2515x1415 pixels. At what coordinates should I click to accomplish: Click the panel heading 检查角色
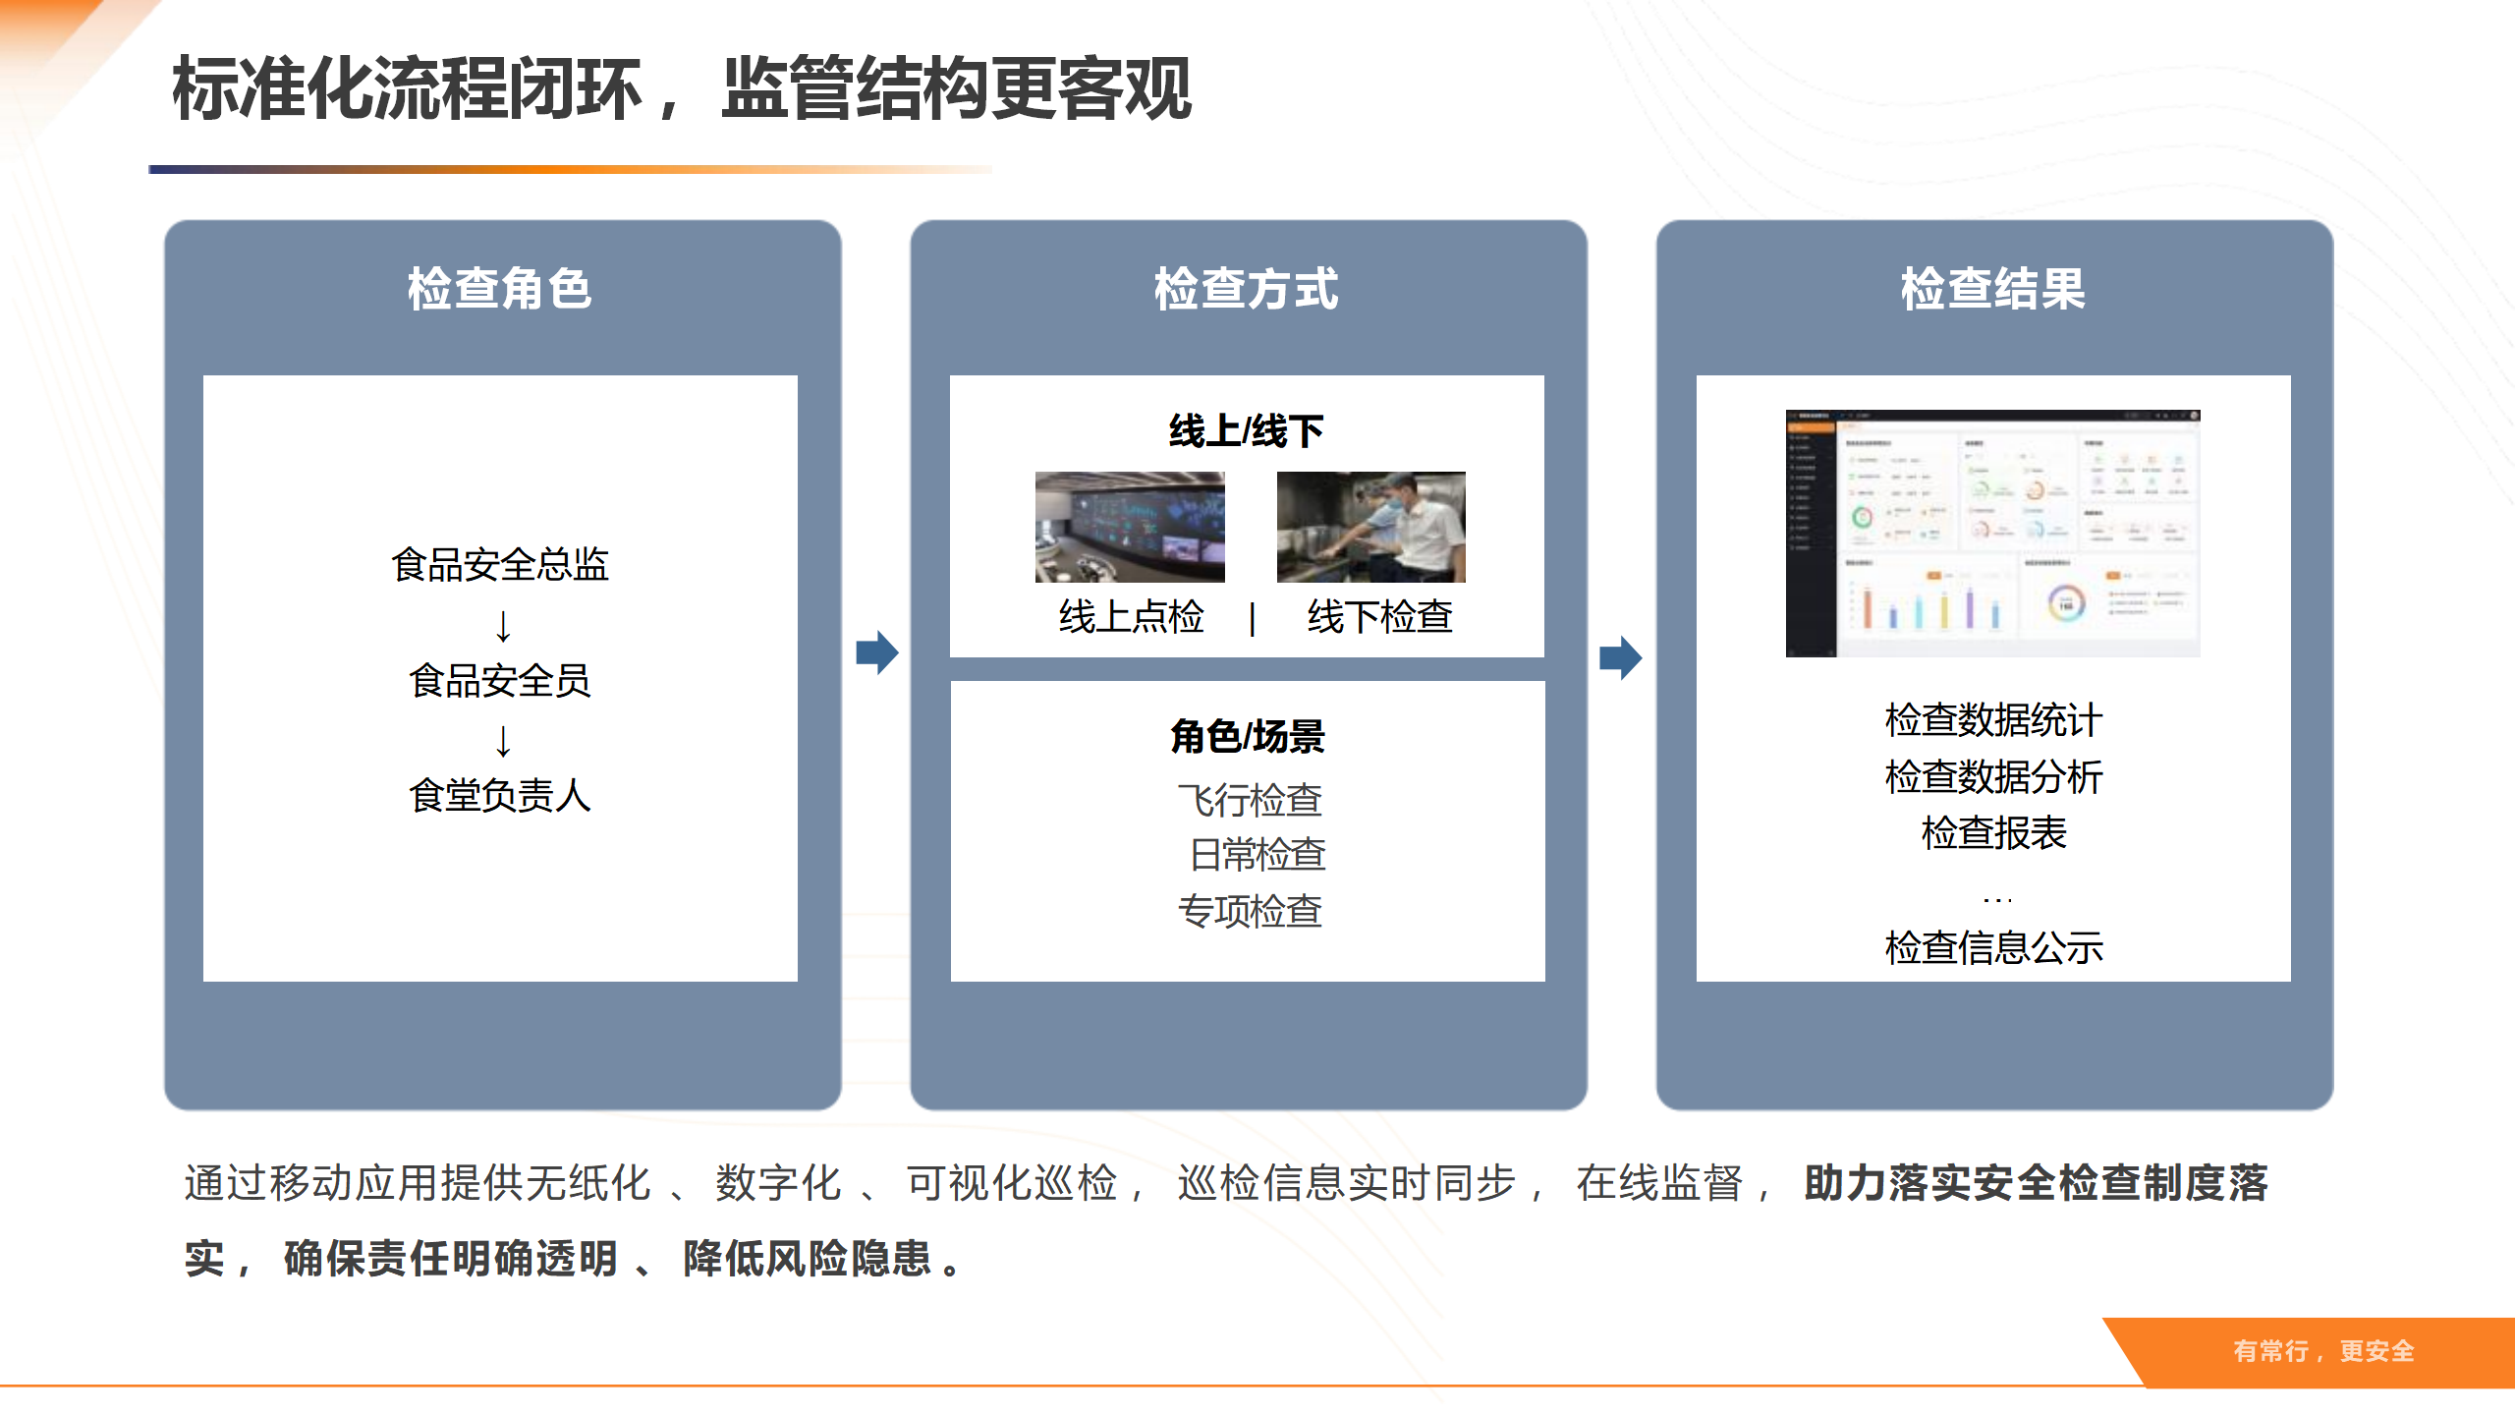coord(500,289)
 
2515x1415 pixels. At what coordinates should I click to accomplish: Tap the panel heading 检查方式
coord(1246,289)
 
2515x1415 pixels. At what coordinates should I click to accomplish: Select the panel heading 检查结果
coord(1992,289)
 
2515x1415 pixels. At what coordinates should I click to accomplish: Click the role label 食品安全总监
coord(500,565)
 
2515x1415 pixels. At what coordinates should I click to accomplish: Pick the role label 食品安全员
coord(500,680)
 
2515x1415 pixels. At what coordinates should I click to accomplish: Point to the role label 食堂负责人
coord(500,795)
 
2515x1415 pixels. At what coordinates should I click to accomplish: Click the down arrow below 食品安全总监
coord(503,625)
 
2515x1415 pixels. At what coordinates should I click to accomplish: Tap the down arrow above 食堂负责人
coord(503,740)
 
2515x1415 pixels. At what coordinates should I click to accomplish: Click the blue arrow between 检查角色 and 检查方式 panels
coord(876,652)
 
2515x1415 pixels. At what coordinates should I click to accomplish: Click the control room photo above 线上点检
coord(1130,527)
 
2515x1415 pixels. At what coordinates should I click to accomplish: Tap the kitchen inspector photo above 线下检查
coord(1370,527)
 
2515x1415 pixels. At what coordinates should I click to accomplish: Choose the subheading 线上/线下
coord(1246,431)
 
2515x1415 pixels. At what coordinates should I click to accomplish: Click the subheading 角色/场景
coord(1248,736)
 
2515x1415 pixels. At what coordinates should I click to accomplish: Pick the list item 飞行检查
coord(1250,800)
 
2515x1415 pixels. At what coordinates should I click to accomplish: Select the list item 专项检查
coord(1250,911)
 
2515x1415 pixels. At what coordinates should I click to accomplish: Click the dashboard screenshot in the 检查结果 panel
coord(1992,533)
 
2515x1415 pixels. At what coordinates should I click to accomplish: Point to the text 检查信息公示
coord(1993,947)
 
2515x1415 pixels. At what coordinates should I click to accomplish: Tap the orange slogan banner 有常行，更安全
coord(2322,1351)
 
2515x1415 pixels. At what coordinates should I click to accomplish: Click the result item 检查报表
coord(1993,833)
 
